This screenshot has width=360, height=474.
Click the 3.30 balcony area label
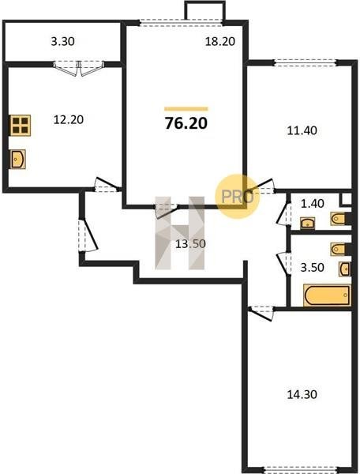pyautogui.click(x=62, y=41)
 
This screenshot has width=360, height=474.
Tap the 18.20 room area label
pyautogui.click(x=219, y=41)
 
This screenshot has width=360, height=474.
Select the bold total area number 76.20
pyautogui.click(x=186, y=123)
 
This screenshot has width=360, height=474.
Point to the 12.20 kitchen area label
pyautogui.click(x=68, y=120)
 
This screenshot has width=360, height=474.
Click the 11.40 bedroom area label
pyautogui.click(x=302, y=130)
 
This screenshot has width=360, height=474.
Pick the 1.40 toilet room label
pyautogui.click(x=313, y=204)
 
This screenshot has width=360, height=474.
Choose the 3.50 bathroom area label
pyautogui.click(x=313, y=268)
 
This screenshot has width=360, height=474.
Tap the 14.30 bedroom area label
pyautogui.click(x=302, y=394)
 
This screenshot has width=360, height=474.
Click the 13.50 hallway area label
pyautogui.click(x=190, y=243)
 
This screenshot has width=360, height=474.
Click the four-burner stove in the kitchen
pyautogui.click(x=21, y=125)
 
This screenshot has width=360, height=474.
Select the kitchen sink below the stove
pyautogui.click(x=17, y=159)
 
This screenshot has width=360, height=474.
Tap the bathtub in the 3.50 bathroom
pyautogui.click(x=327, y=295)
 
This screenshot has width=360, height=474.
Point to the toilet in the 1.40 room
pyautogui.click(x=340, y=219)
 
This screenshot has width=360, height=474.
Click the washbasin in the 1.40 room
pyautogui.click(x=307, y=223)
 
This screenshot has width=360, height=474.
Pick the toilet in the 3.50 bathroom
pyautogui.click(x=340, y=249)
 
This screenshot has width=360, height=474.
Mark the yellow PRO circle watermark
pyautogui.click(x=238, y=197)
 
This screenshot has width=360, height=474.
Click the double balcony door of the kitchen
pyautogui.click(x=78, y=68)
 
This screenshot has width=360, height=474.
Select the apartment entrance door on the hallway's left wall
pyautogui.click(x=88, y=235)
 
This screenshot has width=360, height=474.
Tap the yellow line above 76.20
pyautogui.click(x=186, y=109)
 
